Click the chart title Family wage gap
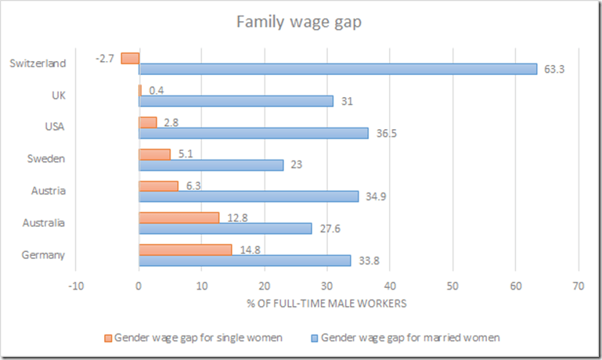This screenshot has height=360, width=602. click(300, 21)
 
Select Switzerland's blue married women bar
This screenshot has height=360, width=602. click(337, 69)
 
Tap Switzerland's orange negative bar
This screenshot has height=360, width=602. click(130, 58)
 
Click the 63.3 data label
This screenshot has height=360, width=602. click(554, 69)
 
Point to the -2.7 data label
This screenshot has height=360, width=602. click(106, 58)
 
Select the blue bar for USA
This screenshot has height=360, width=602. click(253, 133)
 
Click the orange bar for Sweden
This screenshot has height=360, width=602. click(154, 154)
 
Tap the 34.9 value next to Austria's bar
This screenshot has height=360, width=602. click(376, 196)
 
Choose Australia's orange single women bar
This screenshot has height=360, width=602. click(178, 218)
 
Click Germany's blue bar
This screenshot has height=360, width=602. click(244, 261)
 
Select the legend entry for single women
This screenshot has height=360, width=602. click(193, 337)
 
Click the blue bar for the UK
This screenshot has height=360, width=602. click(236, 101)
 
